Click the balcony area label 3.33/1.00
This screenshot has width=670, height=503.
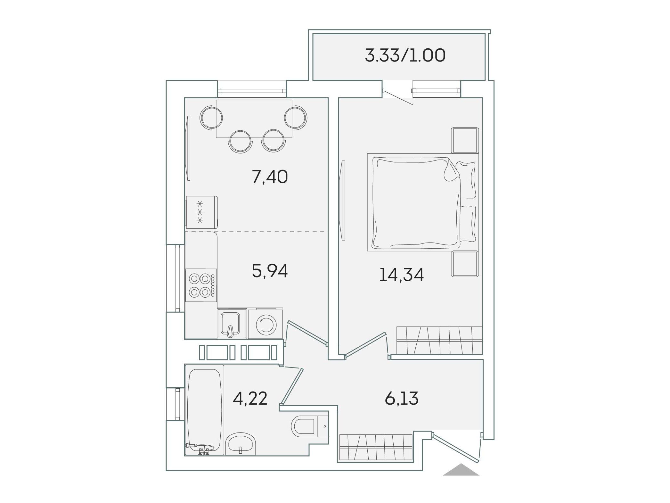click(405, 56)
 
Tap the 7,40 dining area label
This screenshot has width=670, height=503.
click(270, 177)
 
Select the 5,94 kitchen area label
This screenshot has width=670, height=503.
click(270, 271)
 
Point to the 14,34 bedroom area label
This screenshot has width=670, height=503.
click(401, 275)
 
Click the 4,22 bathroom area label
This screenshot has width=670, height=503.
click(250, 399)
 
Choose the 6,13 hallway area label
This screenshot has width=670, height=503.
click(402, 399)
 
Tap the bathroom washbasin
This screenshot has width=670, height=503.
click(241, 444)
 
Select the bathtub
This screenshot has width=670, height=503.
click(204, 410)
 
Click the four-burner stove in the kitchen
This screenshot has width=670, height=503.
click(201, 285)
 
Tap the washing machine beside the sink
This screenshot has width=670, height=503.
click(266, 324)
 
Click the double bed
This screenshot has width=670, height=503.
click(423, 202)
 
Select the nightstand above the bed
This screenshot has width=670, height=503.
click(465, 140)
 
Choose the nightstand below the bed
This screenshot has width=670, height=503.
click(465, 264)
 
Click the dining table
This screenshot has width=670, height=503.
click(254, 119)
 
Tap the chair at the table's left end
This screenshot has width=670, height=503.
click(211, 118)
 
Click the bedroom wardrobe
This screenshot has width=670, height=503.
click(439, 340)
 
